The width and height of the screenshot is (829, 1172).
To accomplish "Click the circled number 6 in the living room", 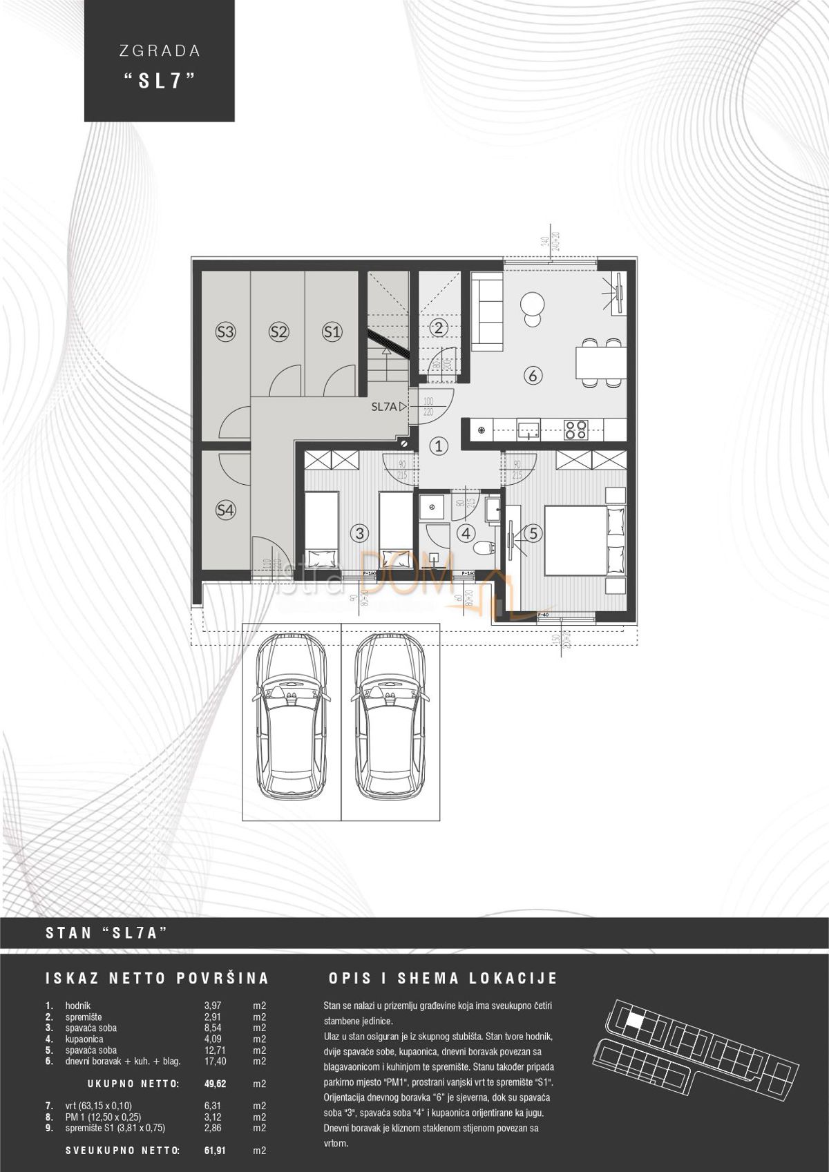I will pyautogui.click(x=532, y=376).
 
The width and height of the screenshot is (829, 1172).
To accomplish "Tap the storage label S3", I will pyautogui.click(x=225, y=332).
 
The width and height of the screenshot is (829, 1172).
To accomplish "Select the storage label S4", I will pyautogui.click(x=225, y=510).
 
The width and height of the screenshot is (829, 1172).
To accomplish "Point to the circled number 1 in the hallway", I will pyautogui.click(x=441, y=446).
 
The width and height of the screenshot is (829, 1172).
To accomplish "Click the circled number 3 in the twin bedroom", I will pyautogui.click(x=358, y=532).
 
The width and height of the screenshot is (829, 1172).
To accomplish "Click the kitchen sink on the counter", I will pyautogui.click(x=529, y=430).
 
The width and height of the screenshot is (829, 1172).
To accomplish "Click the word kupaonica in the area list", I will pyautogui.click(x=84, y=1039).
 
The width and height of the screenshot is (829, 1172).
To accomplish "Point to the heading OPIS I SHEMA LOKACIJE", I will pyautogui.click(x=443, y=979).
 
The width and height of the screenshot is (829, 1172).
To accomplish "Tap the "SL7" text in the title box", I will pyautogui.click(x=158, y=80).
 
